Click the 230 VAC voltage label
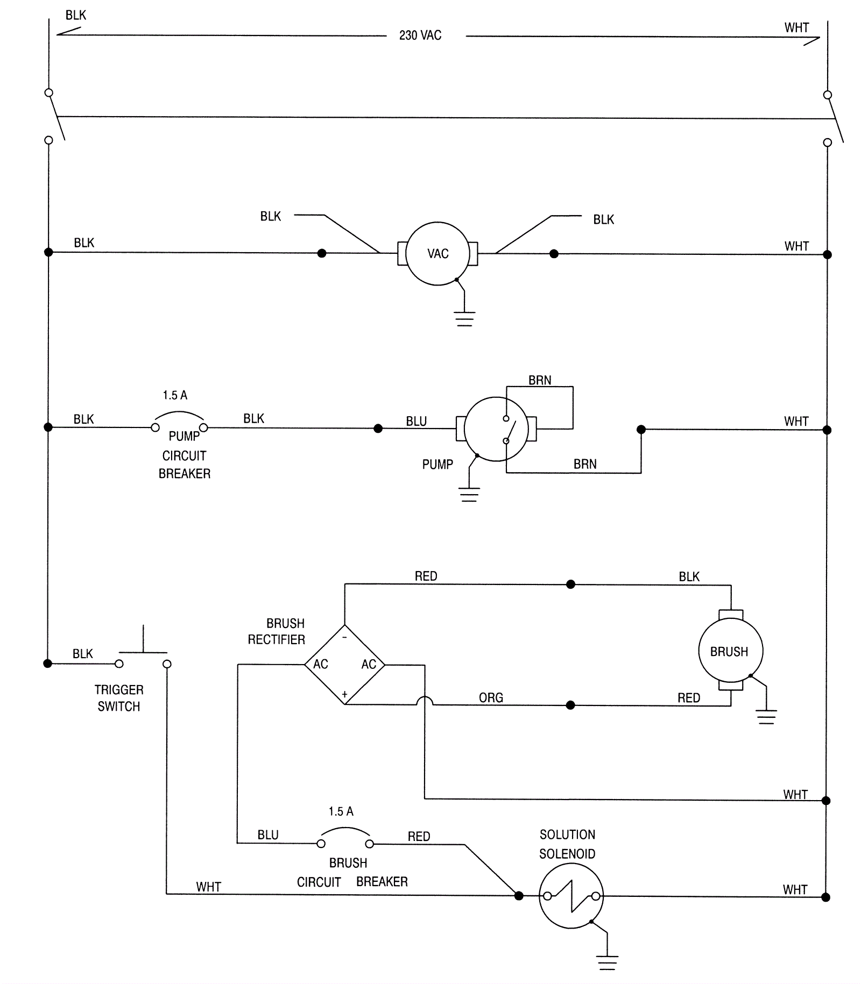(420, 35)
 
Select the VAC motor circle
(437, 253)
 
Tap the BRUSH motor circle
(730, 651)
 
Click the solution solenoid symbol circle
(571, 896)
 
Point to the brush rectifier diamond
(344, 665)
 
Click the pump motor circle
(496, 429)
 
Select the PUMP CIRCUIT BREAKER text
(185, 455)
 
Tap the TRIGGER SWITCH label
(119, 698)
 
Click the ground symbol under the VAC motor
(464, 318)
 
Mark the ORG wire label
(491, 698)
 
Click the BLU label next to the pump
(416, 422)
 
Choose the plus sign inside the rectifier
(344, 694)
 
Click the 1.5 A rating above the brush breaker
(341, 811)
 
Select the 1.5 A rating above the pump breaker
(175, 396)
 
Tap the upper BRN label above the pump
(540, 381)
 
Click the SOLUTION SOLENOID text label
(567, 844)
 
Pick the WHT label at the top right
(796, 28)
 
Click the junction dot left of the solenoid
(519, 896)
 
